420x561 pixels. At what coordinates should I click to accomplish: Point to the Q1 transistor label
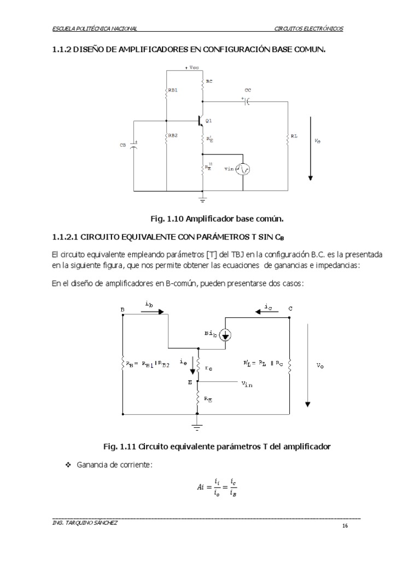pos(209,120)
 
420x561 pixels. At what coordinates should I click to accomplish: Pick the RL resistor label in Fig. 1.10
pos(294,135)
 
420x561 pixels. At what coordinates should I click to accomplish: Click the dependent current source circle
pos(225,334)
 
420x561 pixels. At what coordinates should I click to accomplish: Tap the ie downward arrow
pos(192,367)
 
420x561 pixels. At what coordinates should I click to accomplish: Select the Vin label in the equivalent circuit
pos(247,384)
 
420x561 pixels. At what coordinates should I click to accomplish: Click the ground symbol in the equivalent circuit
pos(197,426)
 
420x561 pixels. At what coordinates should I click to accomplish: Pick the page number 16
pos(345,526)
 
